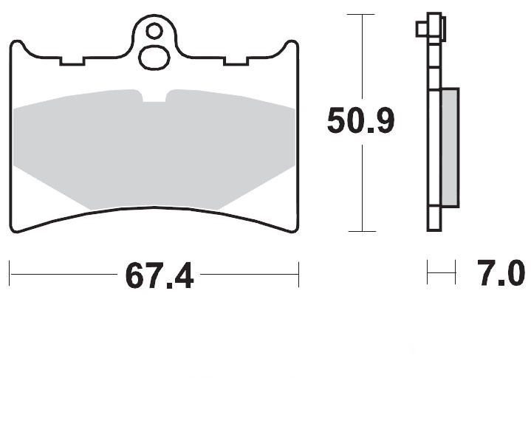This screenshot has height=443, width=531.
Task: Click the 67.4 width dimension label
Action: coord(160,275)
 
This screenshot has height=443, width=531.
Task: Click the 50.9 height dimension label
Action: coord(361,120)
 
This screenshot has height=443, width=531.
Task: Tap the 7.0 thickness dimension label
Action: coord(501,273)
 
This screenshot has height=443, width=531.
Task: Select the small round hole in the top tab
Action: coord(154,31)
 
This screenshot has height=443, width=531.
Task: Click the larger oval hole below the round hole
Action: coord(154,58)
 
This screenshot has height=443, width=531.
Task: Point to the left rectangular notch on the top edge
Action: coord(72,61)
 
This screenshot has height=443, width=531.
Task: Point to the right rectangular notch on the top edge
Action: coord(236,61)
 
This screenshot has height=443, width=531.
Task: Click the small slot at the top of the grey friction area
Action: coord(154,96)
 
